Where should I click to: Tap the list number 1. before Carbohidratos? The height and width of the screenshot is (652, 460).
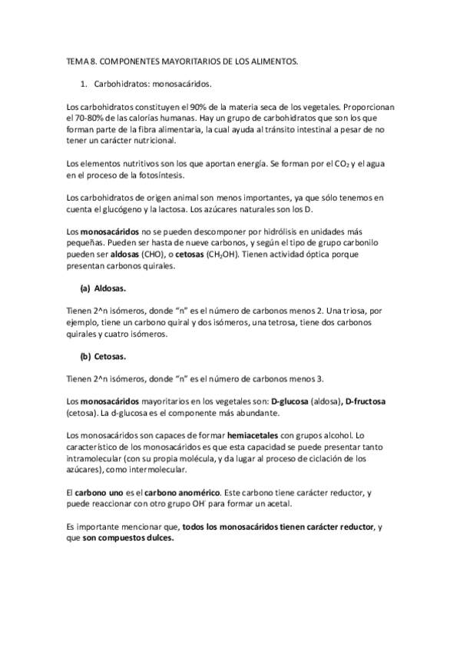(84, 83)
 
